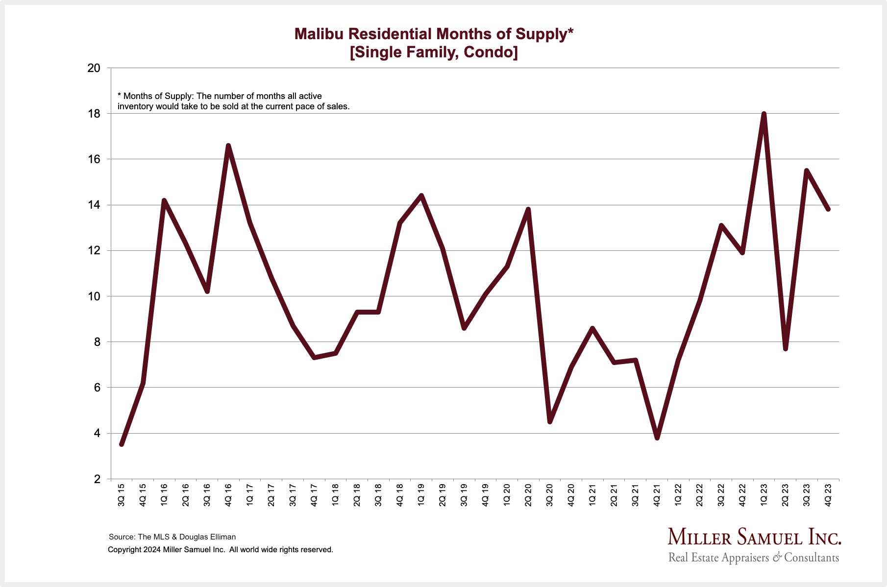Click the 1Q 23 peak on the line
click(x=764, y=114)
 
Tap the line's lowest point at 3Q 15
click(x=122, y=444)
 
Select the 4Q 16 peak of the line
click(x=228, y=146)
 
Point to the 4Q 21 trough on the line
click(x=657, y=438)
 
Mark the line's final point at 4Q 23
click(x=828, y=209)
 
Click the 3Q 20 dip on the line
click(x=550, y=421)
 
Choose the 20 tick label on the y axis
click(x=94, y=68)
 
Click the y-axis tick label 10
click(x=94, y=296)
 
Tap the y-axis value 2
click(x=97, y=479)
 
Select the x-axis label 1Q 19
click(x=421, y=494)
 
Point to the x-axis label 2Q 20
click(x=528, y=494)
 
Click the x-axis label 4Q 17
click(x=314, y=494)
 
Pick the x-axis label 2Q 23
click(x=785, y=494)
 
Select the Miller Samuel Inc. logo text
click(x=754, y=538)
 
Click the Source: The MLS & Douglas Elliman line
click(x=172, y=537)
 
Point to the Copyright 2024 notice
click(x=220, y=550)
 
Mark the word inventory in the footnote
click(x=135, y=106)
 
